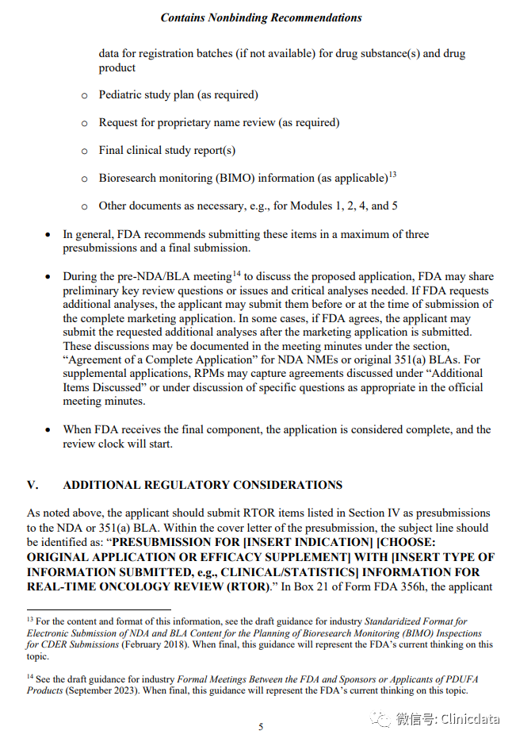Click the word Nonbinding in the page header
(x=250, y=17)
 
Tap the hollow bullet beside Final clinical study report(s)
(x=85, y=151)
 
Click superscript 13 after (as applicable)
(x=392, y=175)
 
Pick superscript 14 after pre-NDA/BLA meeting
(x=236, y=273)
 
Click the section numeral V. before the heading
(x=32, y=485)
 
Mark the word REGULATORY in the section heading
(x=191, y=485)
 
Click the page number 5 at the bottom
(x=260, y=726)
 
